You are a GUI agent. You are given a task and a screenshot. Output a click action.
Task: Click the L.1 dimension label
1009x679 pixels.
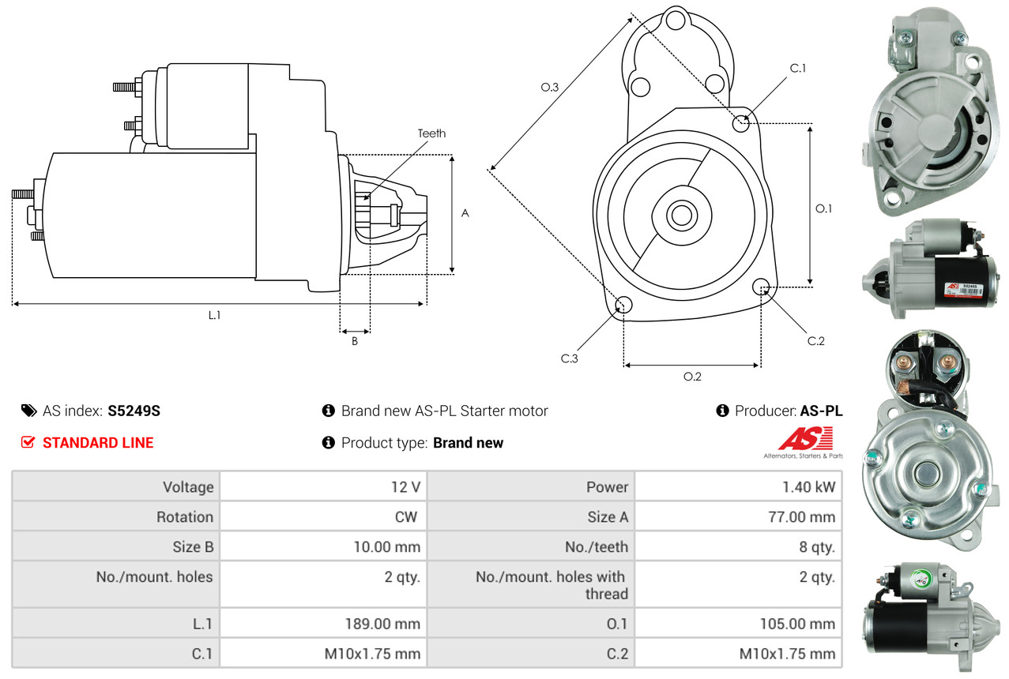214,315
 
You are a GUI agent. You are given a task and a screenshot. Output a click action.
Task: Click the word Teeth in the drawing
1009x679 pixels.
431,133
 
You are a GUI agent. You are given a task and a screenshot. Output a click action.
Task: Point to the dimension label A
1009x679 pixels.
465,213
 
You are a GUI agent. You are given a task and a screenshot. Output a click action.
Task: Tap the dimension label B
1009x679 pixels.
355,342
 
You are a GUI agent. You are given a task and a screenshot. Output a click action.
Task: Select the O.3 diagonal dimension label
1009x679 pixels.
550,88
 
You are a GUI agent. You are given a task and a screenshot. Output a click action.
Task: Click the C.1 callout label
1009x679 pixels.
798,68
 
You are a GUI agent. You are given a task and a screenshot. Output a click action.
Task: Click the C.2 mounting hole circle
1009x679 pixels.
762,286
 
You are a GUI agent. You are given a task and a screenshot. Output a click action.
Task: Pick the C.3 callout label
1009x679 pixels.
570,358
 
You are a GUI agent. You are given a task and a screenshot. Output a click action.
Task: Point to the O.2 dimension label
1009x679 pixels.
692,377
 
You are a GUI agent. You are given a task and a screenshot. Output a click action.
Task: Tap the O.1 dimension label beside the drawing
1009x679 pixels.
824,208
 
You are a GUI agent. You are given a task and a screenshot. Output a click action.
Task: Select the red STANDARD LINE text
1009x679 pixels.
98,443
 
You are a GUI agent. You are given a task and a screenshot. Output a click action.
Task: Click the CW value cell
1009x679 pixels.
412,517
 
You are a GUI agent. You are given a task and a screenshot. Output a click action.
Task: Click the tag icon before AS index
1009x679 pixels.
28,411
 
